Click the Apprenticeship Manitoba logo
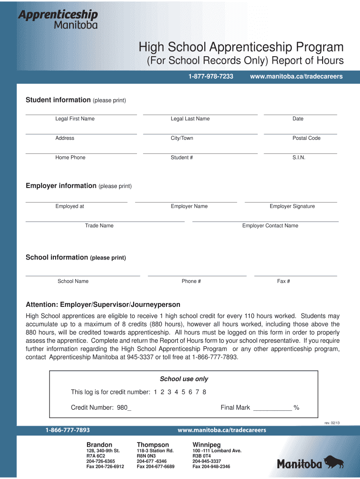coord(58,19)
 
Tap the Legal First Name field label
coord(75,119)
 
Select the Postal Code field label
coord(306,138)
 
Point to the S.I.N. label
coord(299,158)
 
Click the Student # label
coord(182,158)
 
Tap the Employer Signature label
coord(292,206)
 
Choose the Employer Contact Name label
coord(270,226)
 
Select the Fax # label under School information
coord(283,281)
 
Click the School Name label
coord(73,281)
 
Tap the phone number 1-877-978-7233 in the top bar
coord(211,76)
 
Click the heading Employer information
coord(61,186)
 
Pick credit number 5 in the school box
coord(183,392)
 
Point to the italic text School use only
coord(184,379)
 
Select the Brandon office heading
coord(99,444)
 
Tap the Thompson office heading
coord(152,444)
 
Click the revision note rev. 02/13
coord(332,423)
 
